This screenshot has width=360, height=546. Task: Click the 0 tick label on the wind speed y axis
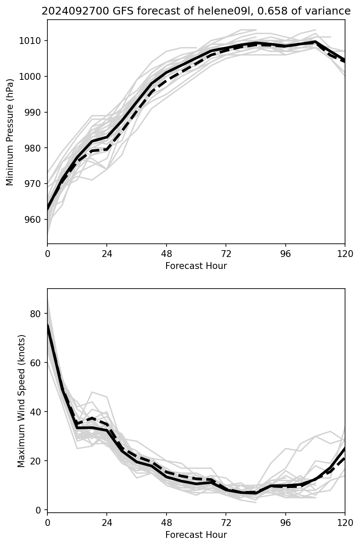39,510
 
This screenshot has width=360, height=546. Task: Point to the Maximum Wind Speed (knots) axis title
21,400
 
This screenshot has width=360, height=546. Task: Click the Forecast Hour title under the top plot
196,266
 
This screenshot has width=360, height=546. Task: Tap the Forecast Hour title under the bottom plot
196,535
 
